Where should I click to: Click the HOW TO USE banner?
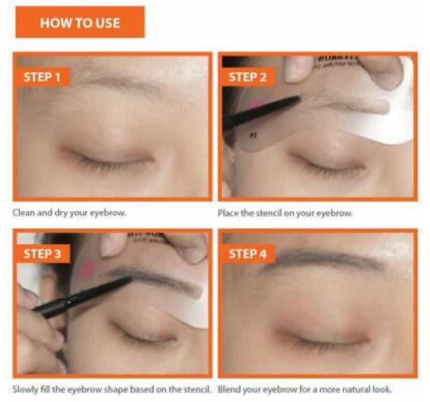click(x=79, y=23)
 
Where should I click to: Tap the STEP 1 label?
click(x=45, y=77)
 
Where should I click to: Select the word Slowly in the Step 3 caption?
click(x=24, y=390)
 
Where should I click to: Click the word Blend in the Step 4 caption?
click(x=228, y=390)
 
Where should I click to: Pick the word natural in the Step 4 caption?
click(x=359, y=390)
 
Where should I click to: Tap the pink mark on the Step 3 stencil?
click(x=87, y=267)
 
